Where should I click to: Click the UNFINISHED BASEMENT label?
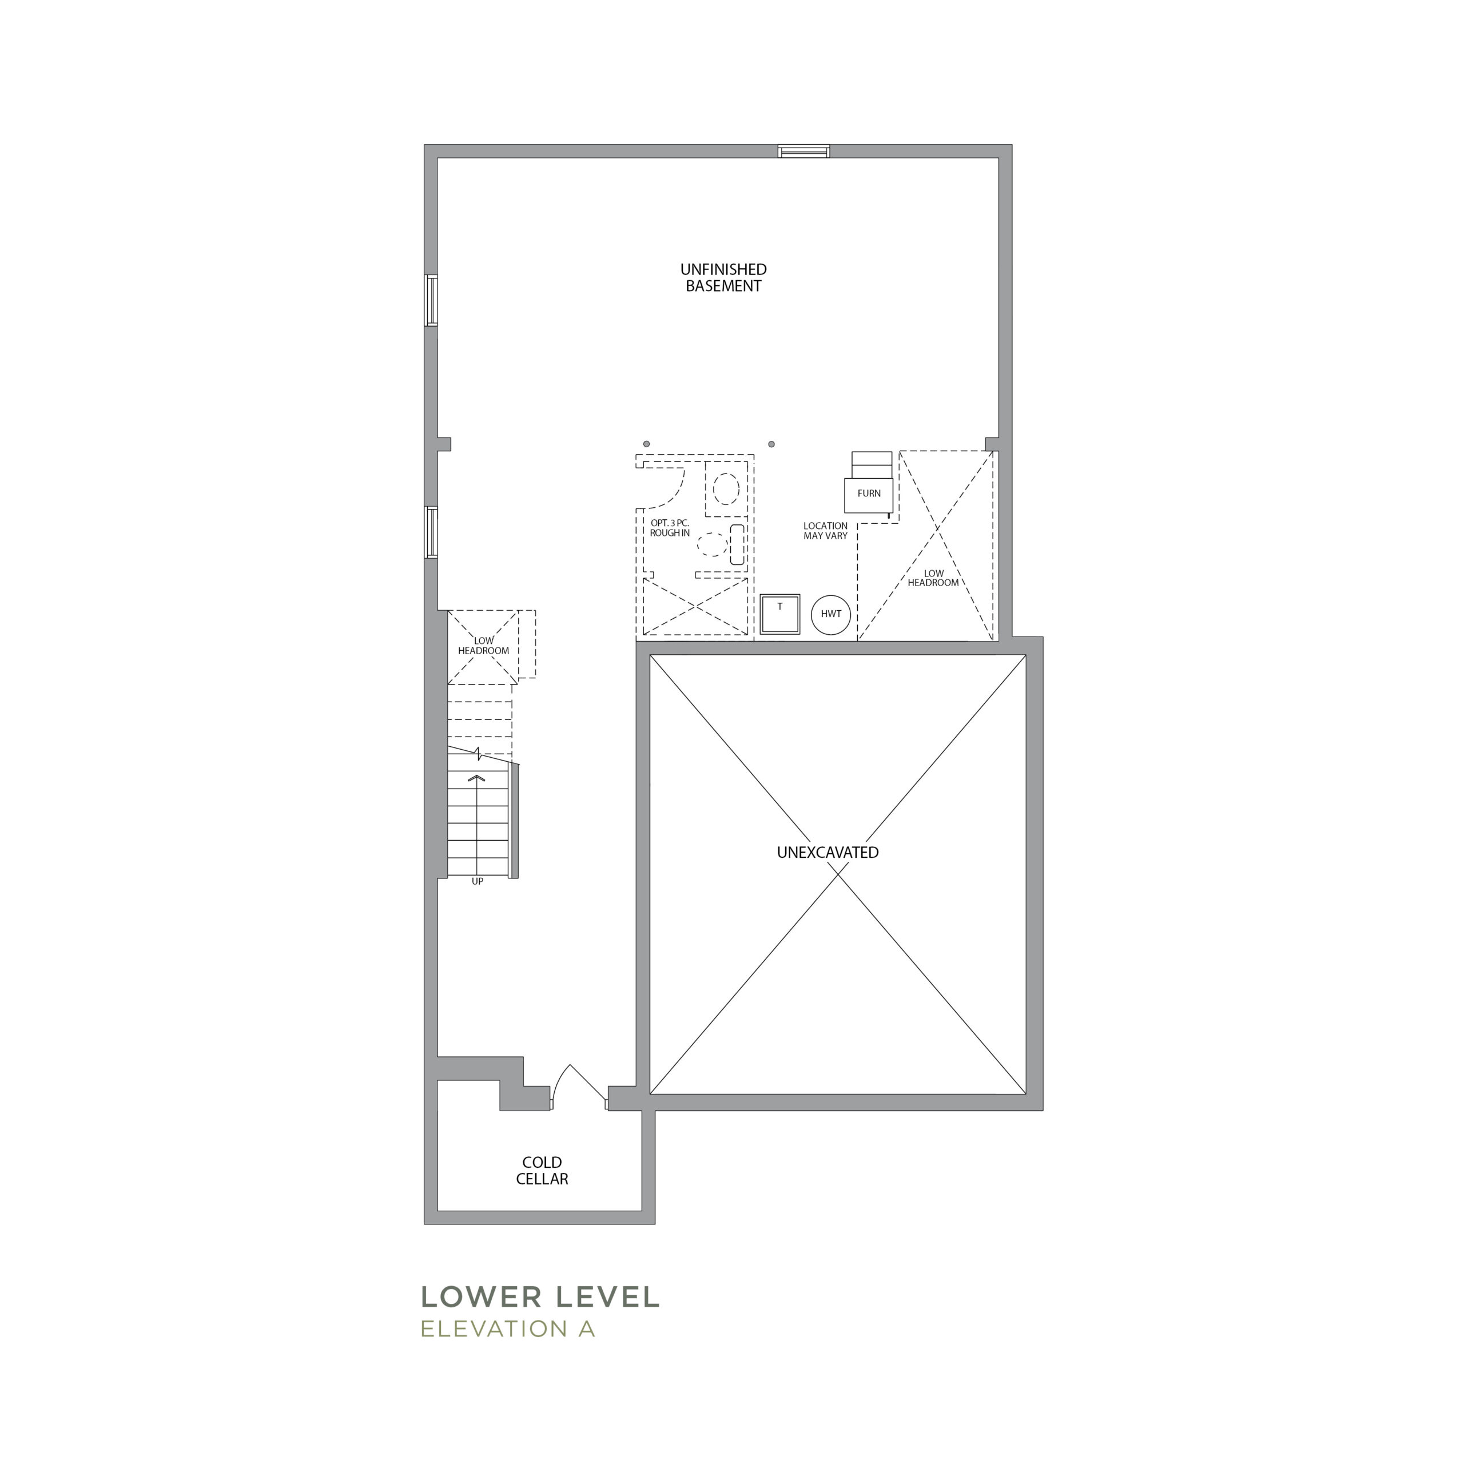pos(723,277)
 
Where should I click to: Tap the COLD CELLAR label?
pos(542,1170)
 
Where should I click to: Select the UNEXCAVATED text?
pos(828,853)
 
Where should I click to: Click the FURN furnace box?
pos(869,495)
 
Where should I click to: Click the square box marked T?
pos(779,614)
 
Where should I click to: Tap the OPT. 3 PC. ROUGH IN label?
pos(670,528)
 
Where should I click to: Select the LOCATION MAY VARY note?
pos(825,531)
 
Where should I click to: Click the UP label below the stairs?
pos(478,881)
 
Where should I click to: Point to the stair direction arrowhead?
pos(476,778)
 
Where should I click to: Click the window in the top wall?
pos(803,152)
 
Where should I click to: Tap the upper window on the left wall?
pos(431,300)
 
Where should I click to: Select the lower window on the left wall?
pos(431,532)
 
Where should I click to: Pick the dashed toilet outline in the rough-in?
pos(725,490)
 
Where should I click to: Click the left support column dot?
pos(646,444)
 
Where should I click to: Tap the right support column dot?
pos(771,444)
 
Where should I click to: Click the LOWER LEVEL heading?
pos(540,1296)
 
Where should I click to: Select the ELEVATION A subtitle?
pos(508,1328)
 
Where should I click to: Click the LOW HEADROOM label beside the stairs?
pos(483,646)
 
